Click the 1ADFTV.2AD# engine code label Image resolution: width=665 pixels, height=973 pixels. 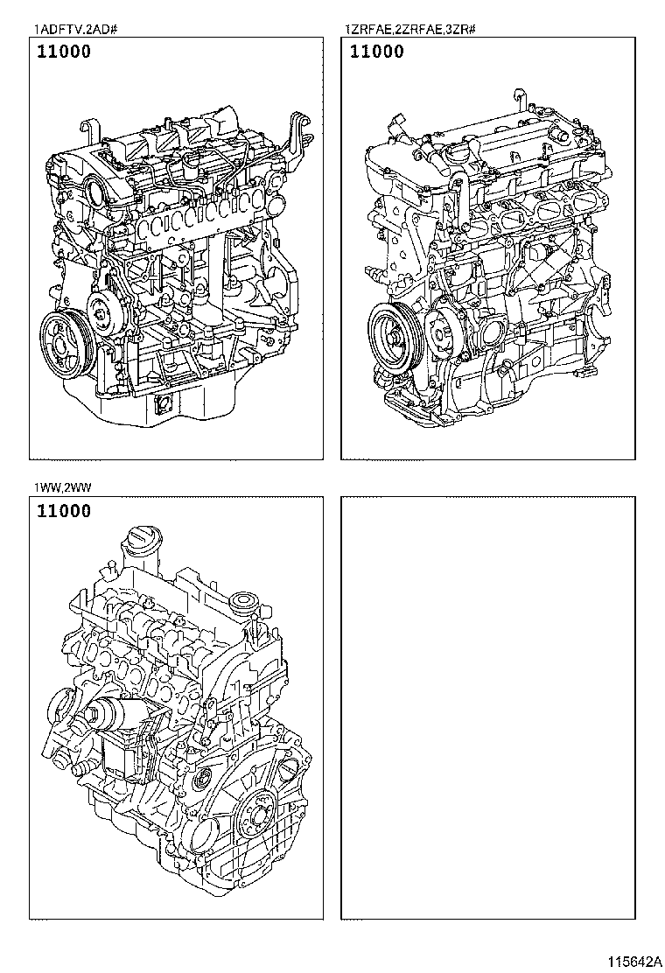pyautogui.click(x=75, y=29)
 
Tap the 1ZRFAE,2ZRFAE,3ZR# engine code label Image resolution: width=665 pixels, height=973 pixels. pyautogui.click(x=410, y=29)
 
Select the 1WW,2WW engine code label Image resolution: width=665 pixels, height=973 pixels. pyautogui.click(x=63, y=487)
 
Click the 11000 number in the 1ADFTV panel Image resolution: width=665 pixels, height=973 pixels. pyautogui.click(x=64, y=52)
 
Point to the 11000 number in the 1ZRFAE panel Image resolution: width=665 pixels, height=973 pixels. pyautogui.click(x=376, y=52)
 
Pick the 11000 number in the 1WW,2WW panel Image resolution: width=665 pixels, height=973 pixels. pyautogui.click(x=64, y=511)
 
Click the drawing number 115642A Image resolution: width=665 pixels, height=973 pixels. pyautogui.click(x=634, y=962)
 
